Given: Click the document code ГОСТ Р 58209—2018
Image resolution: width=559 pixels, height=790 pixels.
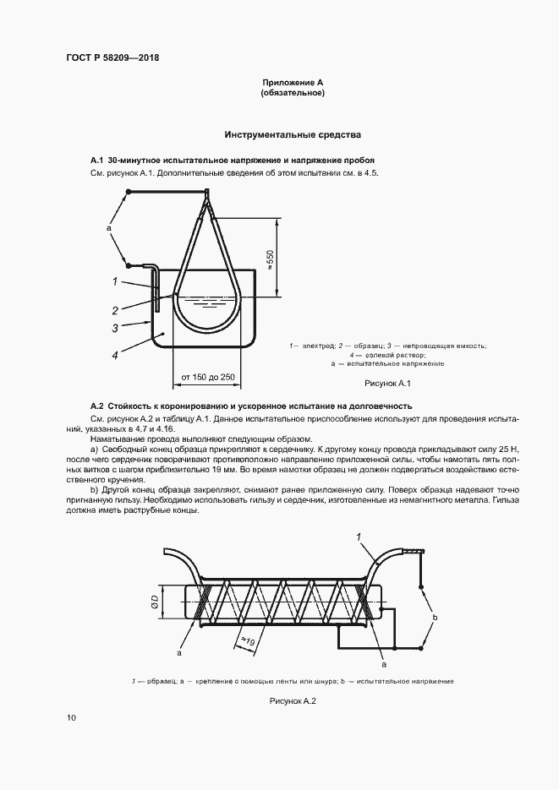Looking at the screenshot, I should coord(112,57).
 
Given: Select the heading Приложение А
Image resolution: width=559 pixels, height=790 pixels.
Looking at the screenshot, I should coord(293,82).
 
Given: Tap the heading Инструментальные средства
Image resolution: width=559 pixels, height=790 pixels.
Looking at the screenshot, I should coord(293,134).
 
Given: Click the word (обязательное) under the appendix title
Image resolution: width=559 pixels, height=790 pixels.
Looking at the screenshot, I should coord(293,93).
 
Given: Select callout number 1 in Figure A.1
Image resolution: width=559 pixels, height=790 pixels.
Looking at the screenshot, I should coord(112,281).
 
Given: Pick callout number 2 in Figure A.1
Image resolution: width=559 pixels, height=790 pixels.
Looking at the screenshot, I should coord(112,308).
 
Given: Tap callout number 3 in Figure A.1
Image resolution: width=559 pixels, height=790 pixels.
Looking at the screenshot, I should coord(112,327).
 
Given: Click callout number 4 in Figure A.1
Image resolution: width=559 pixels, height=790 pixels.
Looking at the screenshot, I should coord(112,356).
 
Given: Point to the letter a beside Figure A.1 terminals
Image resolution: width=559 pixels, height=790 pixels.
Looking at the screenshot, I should coord(109,227).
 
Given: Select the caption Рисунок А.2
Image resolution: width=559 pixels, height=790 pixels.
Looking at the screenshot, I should coord(292,700).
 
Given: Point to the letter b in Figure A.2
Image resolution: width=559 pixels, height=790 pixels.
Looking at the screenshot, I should coord(435,618).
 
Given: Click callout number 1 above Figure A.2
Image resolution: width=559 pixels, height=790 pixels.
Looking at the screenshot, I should coord(359,537).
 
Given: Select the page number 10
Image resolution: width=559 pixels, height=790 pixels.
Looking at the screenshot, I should coord(71,718).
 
